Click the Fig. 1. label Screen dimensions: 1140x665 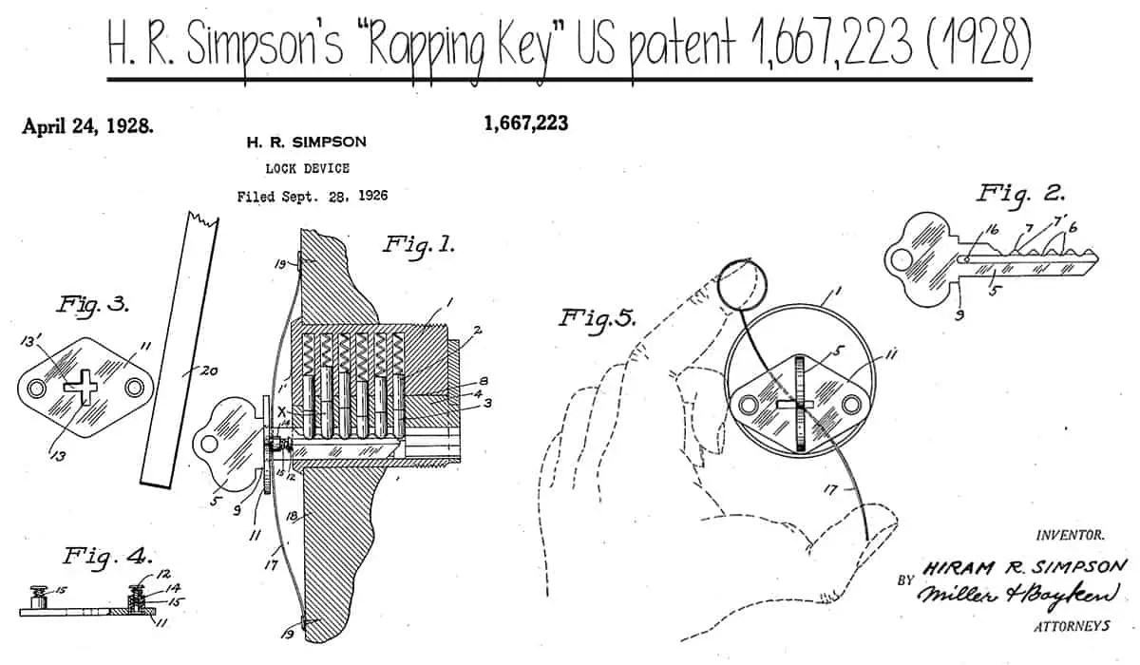[x=418, y=244]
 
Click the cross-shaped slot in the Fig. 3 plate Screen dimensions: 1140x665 [x=80, y=385]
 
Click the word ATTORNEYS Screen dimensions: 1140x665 [x=1071, y=627]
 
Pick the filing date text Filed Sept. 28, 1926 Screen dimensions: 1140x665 [x=299, y=197]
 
